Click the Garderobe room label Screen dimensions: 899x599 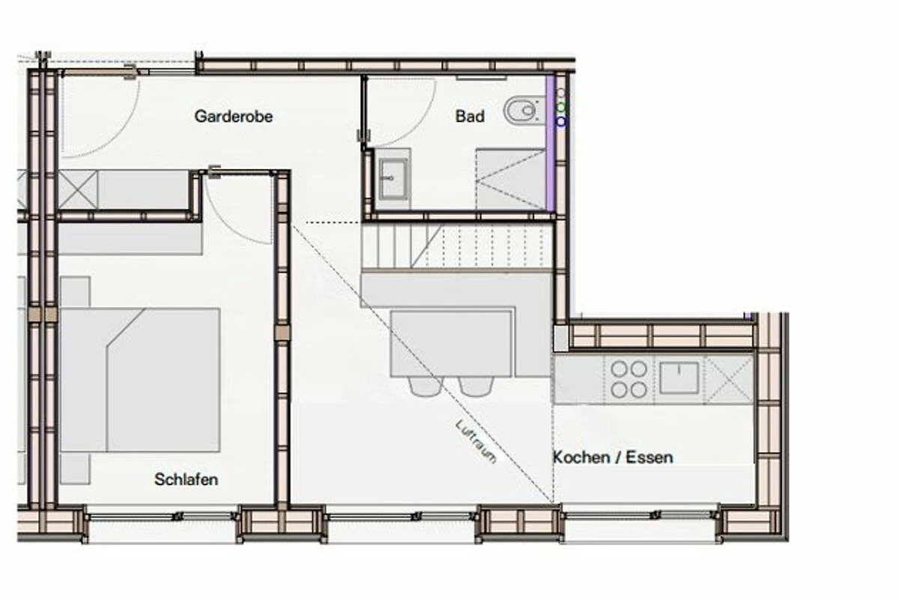coord(234,116)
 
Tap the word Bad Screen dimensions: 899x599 coord(470,116)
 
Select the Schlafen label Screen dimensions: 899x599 coord(187,479)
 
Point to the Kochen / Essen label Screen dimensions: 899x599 coord(613,457)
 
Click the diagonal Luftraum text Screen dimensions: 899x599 coord(476,442)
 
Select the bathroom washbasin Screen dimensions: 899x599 coord(393,179)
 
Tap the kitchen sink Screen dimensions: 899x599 coord(679,377)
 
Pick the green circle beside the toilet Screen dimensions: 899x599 coord(560,107)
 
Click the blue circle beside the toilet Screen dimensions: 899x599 coord(560,121)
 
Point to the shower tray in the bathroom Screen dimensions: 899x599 coord(510,180)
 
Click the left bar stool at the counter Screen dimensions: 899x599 coord(425,386)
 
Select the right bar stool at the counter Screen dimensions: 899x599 coord(476,386)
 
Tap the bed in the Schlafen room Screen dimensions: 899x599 coord(140,380)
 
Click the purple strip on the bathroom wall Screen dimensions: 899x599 coord(550,143)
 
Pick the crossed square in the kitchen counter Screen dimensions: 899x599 coord(729,379)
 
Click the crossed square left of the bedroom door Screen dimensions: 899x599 coord(78,189)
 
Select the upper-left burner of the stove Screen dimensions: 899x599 coord(619,368)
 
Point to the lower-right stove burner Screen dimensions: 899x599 coord(639,389)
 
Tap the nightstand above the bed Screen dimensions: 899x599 coord(75,292)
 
